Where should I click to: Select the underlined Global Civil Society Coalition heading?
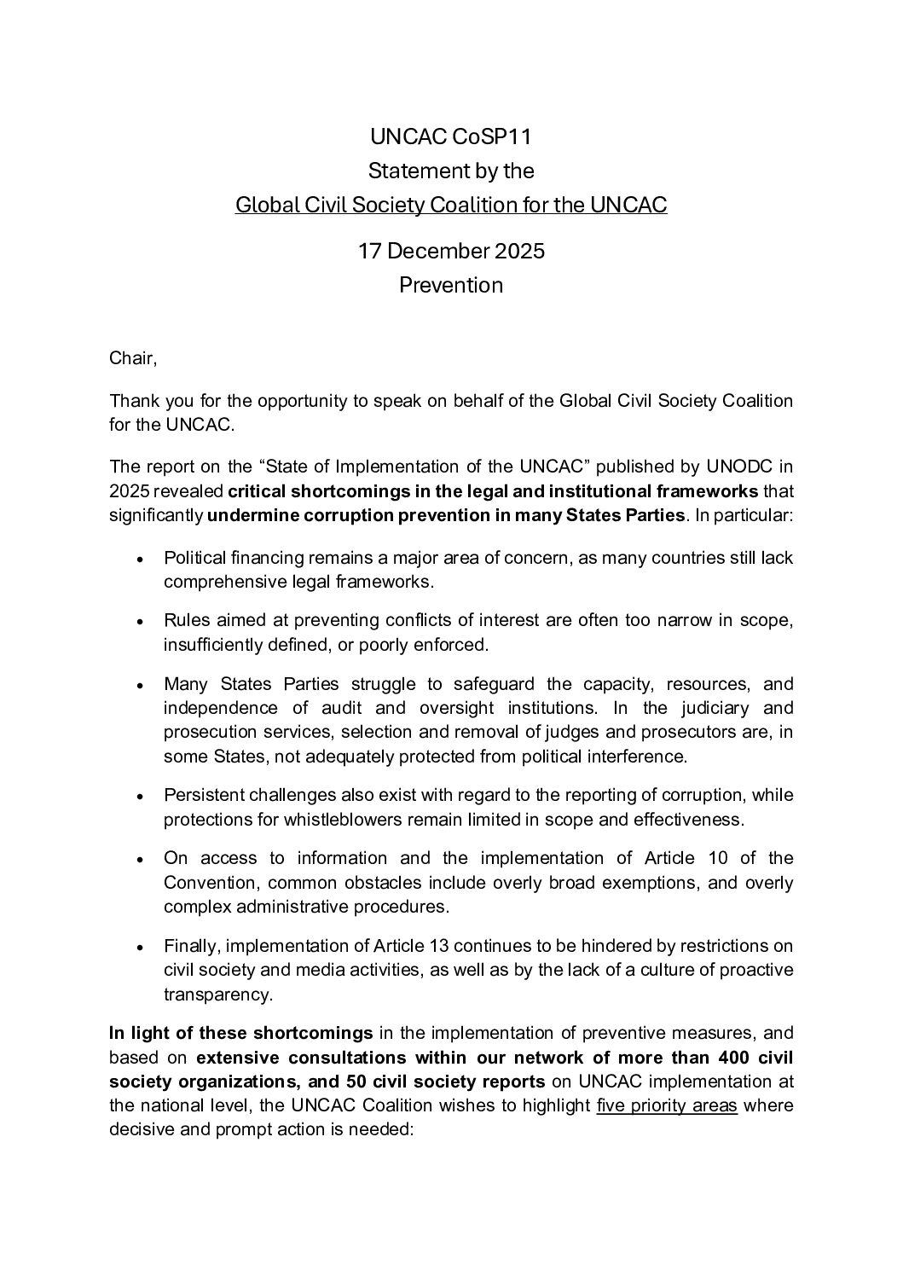451,206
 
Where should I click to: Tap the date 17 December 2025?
451,252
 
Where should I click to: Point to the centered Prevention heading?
451,286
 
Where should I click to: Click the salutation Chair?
133,358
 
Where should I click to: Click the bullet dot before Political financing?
140,560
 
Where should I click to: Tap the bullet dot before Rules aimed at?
140,622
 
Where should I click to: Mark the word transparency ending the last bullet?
217,995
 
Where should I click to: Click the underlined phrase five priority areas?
667,1106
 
